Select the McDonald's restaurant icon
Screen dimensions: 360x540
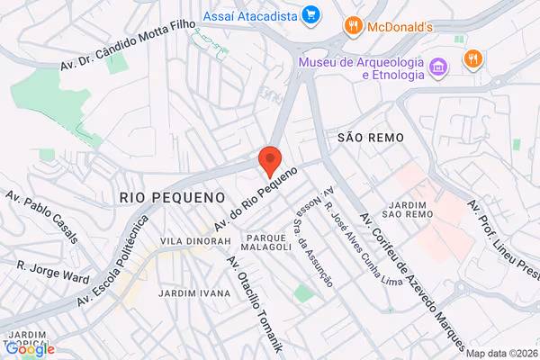point(354,27)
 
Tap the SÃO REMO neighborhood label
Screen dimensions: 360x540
point(370,137)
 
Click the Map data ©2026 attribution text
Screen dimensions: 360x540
point(500,353)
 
